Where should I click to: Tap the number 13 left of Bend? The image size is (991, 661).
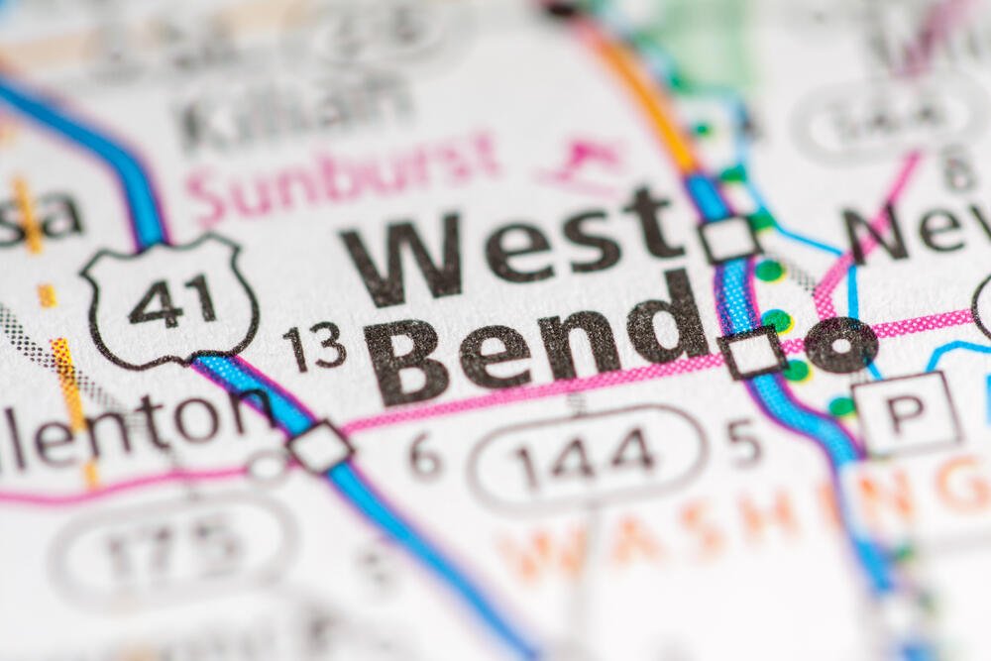click(x=314, y=347)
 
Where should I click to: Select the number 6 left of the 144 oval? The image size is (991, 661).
click(x=425, y=455)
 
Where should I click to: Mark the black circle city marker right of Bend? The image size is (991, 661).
click(x=840, y=345)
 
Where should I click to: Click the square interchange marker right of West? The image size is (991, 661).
click(x=728, y=239)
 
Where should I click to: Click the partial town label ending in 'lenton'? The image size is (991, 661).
click(x=129, y=425)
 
